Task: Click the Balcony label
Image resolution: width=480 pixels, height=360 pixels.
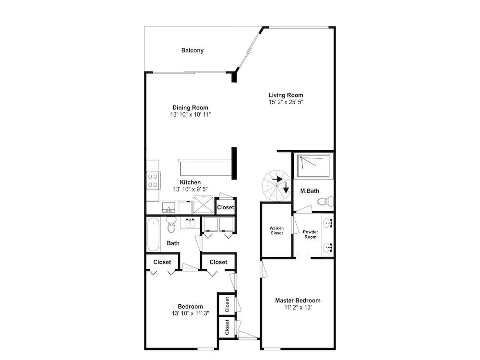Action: pos(192,50)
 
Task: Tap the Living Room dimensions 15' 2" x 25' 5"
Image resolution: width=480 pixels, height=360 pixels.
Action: pos(286,102)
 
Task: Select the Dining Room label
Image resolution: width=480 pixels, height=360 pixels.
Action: pos(191,108)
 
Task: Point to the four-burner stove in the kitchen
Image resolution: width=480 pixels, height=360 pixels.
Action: pos(153,180)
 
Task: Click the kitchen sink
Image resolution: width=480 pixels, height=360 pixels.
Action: pos(168,207)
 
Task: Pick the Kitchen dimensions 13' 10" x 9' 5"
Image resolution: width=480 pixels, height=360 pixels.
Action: pos(191,190)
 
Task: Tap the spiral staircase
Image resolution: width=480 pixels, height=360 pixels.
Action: pos(276,185)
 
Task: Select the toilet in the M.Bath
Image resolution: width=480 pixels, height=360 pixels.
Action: pos(325,201)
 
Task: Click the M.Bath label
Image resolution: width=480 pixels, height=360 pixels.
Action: pos(310,191)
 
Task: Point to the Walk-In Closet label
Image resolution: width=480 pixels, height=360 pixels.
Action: pos(276,230)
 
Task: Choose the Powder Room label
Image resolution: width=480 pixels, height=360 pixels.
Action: pos(311,235)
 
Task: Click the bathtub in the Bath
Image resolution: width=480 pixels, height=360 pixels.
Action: pos(153,234)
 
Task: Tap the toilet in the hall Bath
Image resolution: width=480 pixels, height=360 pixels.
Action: pos(171,224)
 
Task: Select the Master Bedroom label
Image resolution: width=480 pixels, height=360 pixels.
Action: pos(298,300)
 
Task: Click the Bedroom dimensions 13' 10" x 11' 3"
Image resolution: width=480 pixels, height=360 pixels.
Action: pos(191,313)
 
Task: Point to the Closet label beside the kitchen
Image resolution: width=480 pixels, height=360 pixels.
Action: pos(226,207)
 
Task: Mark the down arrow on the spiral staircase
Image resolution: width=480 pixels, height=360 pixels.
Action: pos(286,188)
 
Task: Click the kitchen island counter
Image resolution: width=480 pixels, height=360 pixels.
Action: pos(205,167)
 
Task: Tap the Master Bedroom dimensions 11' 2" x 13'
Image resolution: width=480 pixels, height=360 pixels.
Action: pos(298,308)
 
